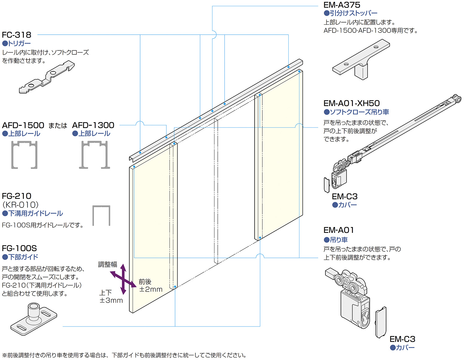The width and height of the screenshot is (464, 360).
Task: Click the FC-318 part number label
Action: click(17, 35)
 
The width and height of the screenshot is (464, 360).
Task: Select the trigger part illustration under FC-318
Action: click(47, 77)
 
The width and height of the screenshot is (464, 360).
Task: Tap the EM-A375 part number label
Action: click(342, 5)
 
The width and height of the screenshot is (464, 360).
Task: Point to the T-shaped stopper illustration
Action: click(361, 59)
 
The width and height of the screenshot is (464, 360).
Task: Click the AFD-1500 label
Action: click(23, 125)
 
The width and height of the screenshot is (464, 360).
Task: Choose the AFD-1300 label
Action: click(93, 125)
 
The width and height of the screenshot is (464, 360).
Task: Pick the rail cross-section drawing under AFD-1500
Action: click(24, 155)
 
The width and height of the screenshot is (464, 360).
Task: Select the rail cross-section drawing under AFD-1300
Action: click(94, 155)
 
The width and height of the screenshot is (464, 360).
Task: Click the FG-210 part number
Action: click(17, 196)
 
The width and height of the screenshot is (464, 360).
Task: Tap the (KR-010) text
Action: click(20, 205)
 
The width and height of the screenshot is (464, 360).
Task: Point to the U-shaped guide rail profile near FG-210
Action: click(101, 215)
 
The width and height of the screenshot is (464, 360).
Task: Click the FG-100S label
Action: click(19, 248)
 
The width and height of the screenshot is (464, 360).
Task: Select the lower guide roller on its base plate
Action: click(34, 319)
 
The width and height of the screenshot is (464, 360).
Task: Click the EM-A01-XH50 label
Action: click(351, 103)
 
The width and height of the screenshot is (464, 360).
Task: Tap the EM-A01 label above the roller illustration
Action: click(339, 230)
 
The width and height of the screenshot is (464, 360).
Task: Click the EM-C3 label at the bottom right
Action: click(402, 339)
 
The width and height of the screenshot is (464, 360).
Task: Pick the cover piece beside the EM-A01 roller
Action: click(381, 323)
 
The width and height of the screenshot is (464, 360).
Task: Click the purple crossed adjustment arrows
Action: click(123, 279)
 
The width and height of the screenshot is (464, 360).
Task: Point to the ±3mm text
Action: click(111, 300)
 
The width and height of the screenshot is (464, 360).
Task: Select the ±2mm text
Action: click(151, 289)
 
